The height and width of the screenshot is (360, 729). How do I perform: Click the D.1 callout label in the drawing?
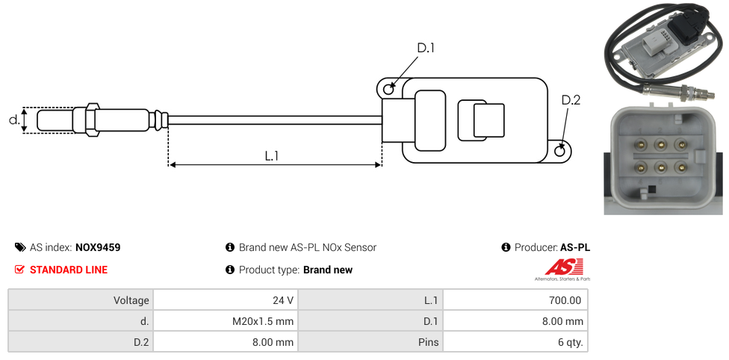coord(426,48)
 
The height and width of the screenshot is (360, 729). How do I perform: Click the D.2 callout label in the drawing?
coord(571,100)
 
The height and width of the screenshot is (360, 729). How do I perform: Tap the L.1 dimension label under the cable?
coord(272,156)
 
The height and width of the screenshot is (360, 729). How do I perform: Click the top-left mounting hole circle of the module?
coord(388,90)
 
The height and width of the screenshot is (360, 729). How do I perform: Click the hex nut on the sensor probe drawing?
coord(93,120)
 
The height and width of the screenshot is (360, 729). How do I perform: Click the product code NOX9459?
coord(98,247)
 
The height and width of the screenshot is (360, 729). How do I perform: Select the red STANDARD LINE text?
coord(69,270)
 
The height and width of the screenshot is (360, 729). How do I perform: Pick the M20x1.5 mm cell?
coord(262,321)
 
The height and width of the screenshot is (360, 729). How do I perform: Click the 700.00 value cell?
coord(565,300)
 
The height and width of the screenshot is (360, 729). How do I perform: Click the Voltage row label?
coord(131,300)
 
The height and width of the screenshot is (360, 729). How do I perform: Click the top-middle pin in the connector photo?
coord(660,144)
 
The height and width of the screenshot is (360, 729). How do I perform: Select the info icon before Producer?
coord(506,247)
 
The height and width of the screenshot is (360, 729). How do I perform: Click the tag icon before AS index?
coord(20,247)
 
